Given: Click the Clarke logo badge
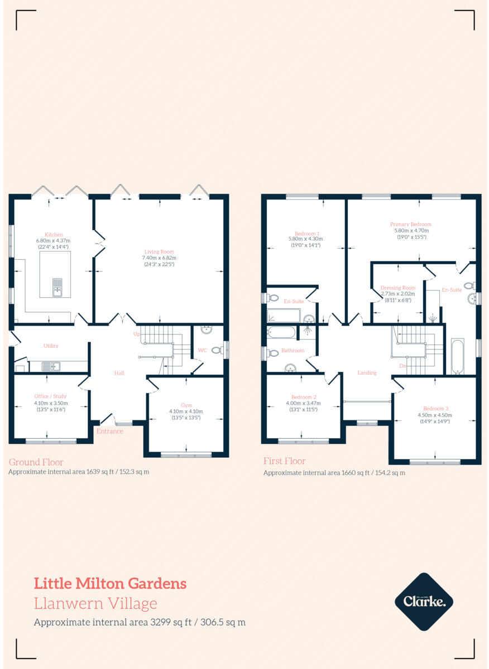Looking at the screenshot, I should click(x=424, y=602).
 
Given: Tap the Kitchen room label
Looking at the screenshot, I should click(x=54, y=235).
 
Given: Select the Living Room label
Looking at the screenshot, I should click(x=160, y=251).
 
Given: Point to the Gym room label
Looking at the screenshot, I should click(x=186, y=405).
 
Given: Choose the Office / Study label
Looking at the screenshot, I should click(x=51, y=396).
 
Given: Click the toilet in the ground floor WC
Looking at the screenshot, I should click(x=217, y=350).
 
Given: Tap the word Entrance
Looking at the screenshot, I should click(x=110, y=431).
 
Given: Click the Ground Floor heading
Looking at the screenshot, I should click(x=36, y=462).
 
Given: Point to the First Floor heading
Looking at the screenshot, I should click(x=285, y=461).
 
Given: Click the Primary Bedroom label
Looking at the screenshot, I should click(x=410, y=224).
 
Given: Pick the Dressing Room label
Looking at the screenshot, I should click(x=398, y=288).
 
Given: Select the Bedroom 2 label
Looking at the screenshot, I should click(x=301, y=397).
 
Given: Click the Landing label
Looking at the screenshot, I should click(x=367, y=372).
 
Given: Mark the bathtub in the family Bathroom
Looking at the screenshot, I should click(x=281, y=333).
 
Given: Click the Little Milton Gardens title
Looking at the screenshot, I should click(x=111, y=584).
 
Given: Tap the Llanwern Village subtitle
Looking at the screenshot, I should click(x=95, y=603).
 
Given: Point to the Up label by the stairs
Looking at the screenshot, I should click(x=136, y=333).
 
